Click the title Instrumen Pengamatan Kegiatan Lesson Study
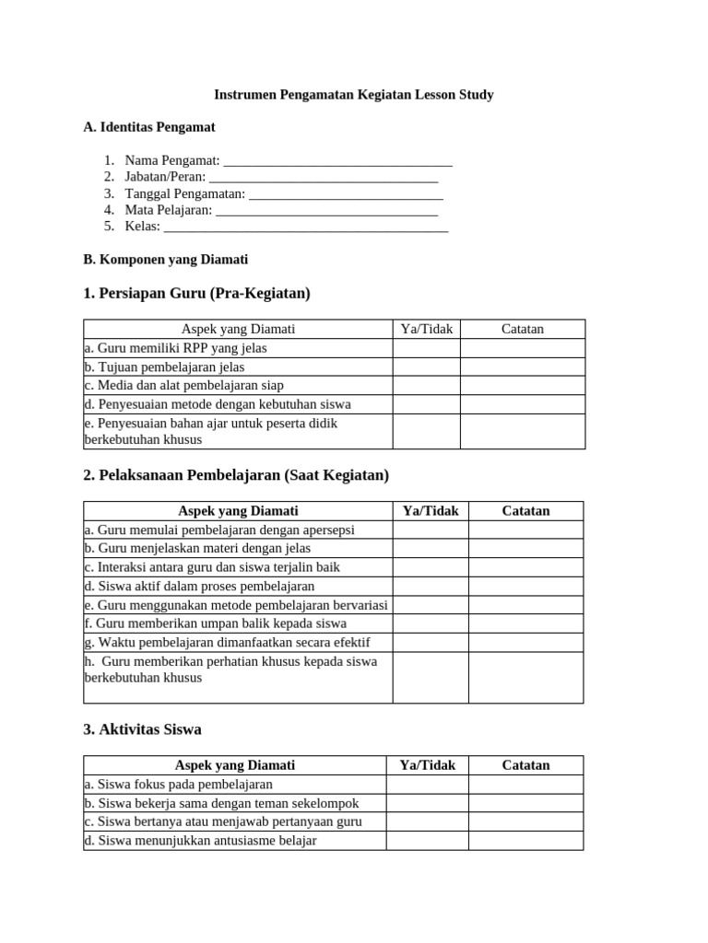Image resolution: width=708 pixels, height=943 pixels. (354, 95)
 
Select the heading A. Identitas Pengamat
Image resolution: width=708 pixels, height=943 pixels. (149, 127)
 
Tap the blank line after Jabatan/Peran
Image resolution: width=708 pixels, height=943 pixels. (324, 177)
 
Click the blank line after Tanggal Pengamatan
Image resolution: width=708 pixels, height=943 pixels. (346, 194)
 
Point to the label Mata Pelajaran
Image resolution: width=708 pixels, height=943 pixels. (168, 210)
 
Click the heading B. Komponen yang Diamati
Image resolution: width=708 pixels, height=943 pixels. (165, 260)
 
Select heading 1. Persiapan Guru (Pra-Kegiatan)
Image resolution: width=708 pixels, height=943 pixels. (196, 294)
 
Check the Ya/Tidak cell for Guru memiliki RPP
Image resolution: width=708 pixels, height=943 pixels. (426, 348)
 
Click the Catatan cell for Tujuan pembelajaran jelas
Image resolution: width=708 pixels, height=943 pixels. (522, 367)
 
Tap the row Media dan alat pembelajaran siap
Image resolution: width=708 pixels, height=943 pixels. (238, 386)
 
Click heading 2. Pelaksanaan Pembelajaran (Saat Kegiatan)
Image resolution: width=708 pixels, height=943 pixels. (236, 475)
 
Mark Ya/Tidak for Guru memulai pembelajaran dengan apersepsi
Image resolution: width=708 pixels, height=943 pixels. (431, 530)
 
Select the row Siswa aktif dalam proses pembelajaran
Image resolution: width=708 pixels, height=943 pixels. (238, 587)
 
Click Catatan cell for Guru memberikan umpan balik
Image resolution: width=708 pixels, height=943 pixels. (525, 623)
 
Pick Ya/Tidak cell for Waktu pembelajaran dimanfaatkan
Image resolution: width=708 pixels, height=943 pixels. (431, 643)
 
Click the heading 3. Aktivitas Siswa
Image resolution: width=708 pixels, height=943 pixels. (142, 729)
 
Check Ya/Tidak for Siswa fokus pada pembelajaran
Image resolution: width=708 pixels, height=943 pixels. (427, 785)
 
